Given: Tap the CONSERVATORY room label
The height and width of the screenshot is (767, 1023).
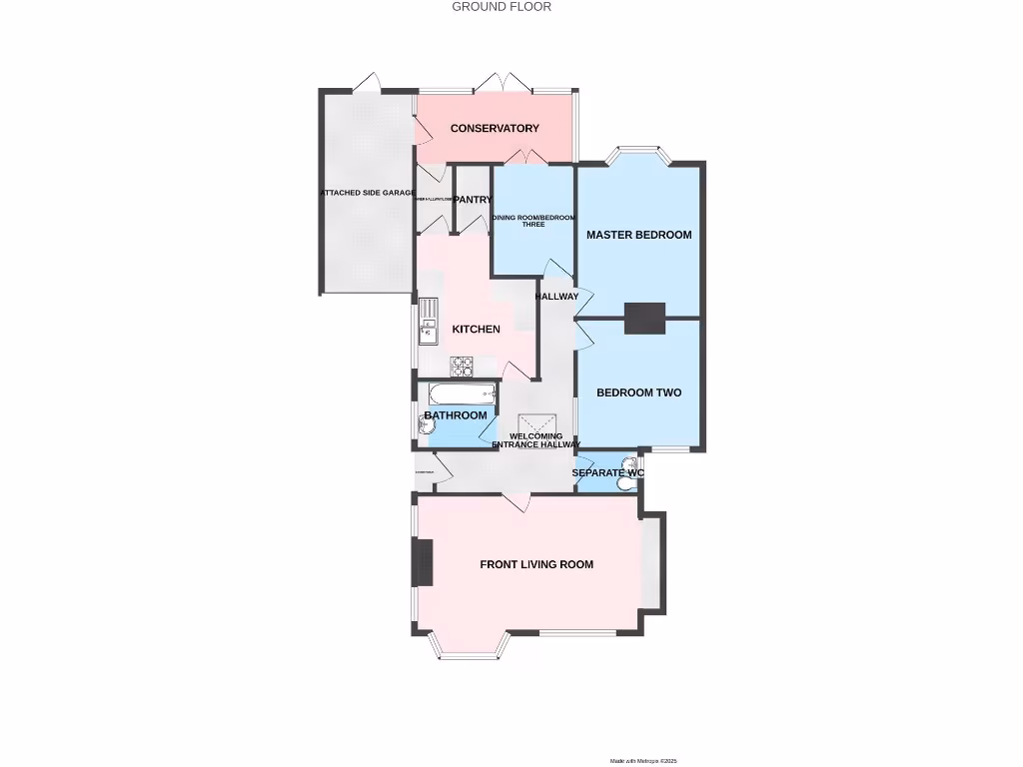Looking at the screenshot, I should click(x=495, y=129).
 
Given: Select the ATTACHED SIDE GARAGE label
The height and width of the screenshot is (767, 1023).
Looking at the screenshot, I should click(x=367, y=193).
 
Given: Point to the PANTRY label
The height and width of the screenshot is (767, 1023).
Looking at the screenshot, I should click(x=473, y=200).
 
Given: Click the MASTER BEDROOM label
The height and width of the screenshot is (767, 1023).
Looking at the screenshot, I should click(x=638, y=236).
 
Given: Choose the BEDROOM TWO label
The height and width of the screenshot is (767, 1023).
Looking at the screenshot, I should click(x=638, y=393).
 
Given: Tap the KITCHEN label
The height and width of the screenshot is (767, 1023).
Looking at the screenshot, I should click(x=476, y=330).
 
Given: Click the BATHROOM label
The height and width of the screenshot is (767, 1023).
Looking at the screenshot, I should click(x=456, y=415).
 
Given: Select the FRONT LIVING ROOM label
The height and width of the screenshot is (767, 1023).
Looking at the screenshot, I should click(x=536, y=565).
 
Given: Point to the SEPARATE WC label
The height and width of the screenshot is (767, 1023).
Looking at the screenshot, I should click(x=606, y=472).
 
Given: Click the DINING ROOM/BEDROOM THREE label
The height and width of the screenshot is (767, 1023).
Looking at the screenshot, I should click(x=533, y=221).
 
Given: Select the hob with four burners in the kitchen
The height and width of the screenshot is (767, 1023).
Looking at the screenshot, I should click(x=462, y=367).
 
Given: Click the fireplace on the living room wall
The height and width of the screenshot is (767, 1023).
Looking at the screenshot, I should click(x=423, y=562).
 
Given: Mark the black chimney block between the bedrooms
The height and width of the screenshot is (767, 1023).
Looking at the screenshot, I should click(x=645, y=318).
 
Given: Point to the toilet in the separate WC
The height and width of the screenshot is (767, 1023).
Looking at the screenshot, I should click(x=626, y=483).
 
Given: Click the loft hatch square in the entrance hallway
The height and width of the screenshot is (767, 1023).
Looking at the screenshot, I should click(x=534, y=427).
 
